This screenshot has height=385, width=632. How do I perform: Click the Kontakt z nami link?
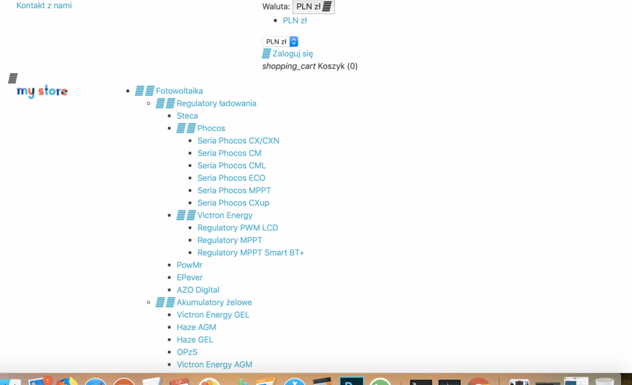[44, 6]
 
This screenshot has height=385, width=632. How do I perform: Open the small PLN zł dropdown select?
[280, 42]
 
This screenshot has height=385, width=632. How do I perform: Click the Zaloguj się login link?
[292, 54]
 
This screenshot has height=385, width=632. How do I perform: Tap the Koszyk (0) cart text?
[337, 66]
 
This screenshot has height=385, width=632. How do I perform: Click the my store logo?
[42, 92]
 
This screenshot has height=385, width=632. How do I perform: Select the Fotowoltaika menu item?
[179, 91]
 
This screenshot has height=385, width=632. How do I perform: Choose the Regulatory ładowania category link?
[216, 104]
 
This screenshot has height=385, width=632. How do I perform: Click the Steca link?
[187, 116]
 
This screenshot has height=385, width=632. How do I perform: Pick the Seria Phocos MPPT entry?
[234, 190]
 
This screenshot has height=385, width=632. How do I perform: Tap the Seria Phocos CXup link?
[233, 203]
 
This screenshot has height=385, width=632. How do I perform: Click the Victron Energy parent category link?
[224, 216]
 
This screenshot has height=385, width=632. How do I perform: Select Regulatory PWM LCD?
[238, 228]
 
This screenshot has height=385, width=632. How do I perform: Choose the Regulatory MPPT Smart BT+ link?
[250, 253]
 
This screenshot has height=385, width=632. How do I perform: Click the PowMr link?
[190, 265]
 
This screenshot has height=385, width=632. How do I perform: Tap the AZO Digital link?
[198, 290]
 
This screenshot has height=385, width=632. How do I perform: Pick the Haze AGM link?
[196, 327]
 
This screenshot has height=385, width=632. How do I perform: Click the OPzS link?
[188, 352]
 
